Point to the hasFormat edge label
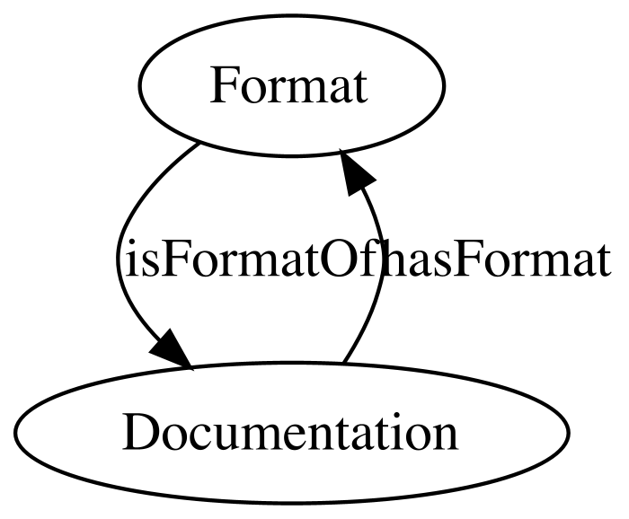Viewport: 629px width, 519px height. [x=495, y=259]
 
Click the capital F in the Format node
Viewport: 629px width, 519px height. [x=223, y=85]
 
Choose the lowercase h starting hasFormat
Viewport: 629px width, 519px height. [x=390, y=258]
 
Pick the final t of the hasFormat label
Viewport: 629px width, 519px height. [x=603, y=261]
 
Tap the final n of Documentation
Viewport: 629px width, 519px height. [x=446, y=437]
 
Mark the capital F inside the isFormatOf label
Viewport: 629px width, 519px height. [x=169, y=259]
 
